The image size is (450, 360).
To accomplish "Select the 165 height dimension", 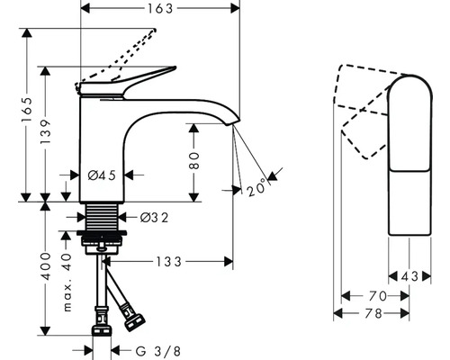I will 28,112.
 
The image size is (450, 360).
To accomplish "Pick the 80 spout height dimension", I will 193,161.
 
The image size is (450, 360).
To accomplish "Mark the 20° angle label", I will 258,189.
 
